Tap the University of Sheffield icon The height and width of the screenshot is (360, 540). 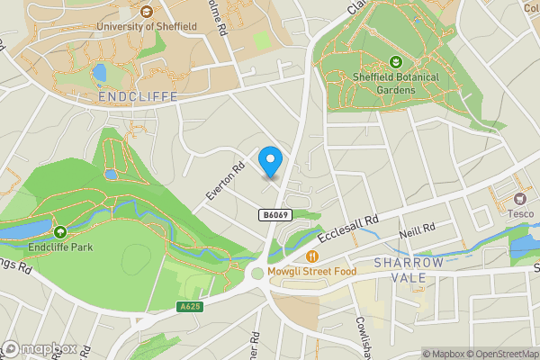coord(146,12)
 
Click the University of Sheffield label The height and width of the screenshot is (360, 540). coord(146,26)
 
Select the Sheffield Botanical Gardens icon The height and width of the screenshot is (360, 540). coord(395,62)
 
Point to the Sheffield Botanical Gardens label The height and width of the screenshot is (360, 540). coord(395,83)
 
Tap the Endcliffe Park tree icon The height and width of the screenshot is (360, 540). coord(60,231)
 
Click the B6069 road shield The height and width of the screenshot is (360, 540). coord(275,215)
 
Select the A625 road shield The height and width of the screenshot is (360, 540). coord(188,307)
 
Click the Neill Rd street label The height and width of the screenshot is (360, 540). coord(417,230)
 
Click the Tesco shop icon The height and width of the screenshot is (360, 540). coord(519,198)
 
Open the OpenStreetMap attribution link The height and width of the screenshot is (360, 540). coord(499,354)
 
